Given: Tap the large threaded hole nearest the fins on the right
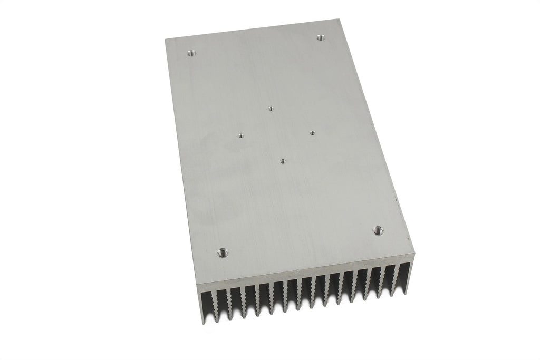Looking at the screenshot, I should (378, 230).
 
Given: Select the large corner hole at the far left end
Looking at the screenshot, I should (191, 53).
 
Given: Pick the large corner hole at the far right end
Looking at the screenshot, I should (321, 37).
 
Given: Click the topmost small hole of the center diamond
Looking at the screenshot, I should (271, 109).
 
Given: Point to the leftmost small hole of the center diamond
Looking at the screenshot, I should (240, 135).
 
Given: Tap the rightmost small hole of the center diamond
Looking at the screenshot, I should (312, 133).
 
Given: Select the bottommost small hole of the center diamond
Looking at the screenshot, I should (283, 161).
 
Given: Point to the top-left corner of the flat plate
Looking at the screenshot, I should (166, 40).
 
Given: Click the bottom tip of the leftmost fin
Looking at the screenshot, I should (204, 323).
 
